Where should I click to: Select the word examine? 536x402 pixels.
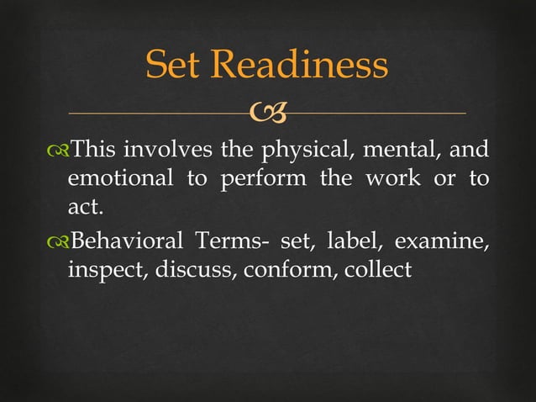(x=441, y=243)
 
